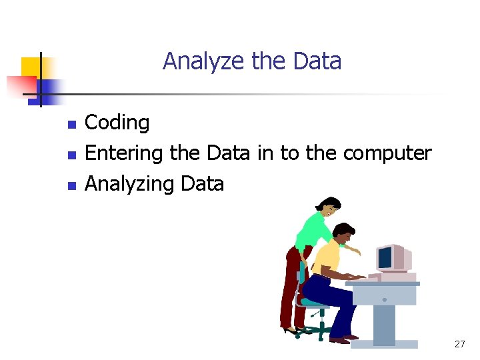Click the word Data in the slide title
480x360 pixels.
317,61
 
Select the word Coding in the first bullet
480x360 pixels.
117,123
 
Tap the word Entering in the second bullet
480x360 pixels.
125,153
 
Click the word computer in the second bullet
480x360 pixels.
387,153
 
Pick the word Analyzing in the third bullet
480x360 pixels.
127,183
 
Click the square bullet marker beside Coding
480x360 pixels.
72,124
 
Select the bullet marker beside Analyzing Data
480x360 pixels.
72,185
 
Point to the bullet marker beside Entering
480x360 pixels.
72,155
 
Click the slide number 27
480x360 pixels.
459,344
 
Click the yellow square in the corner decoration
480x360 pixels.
31,67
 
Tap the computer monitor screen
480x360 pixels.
385,257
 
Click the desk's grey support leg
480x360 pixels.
385,316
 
